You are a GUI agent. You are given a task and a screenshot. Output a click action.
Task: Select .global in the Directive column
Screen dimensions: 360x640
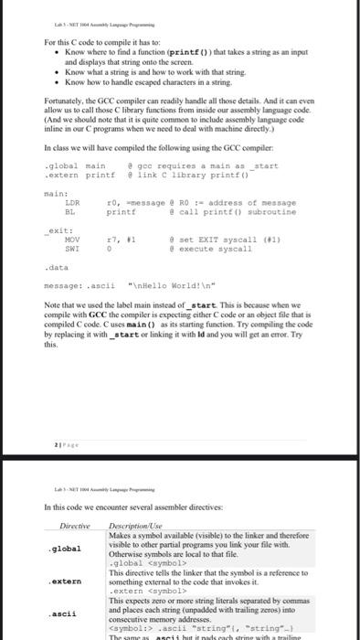(63, 549)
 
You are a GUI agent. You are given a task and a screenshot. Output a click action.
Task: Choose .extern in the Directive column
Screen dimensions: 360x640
(63, 581)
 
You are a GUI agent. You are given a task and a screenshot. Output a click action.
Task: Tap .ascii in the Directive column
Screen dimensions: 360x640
(61, 613)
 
